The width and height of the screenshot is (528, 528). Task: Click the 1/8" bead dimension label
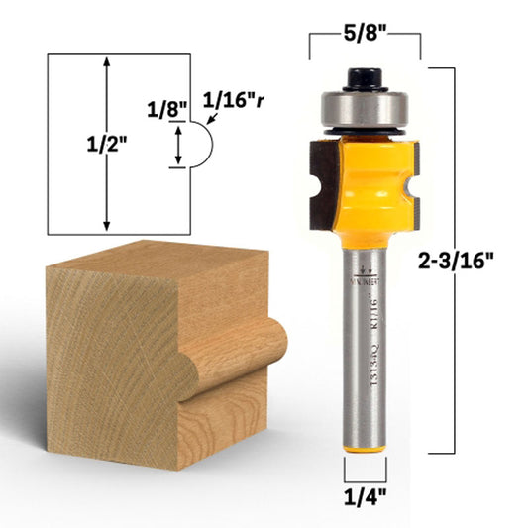[164, 105]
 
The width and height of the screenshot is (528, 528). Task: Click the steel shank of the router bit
[365, 357]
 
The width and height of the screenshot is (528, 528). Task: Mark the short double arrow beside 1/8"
[178, 146]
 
